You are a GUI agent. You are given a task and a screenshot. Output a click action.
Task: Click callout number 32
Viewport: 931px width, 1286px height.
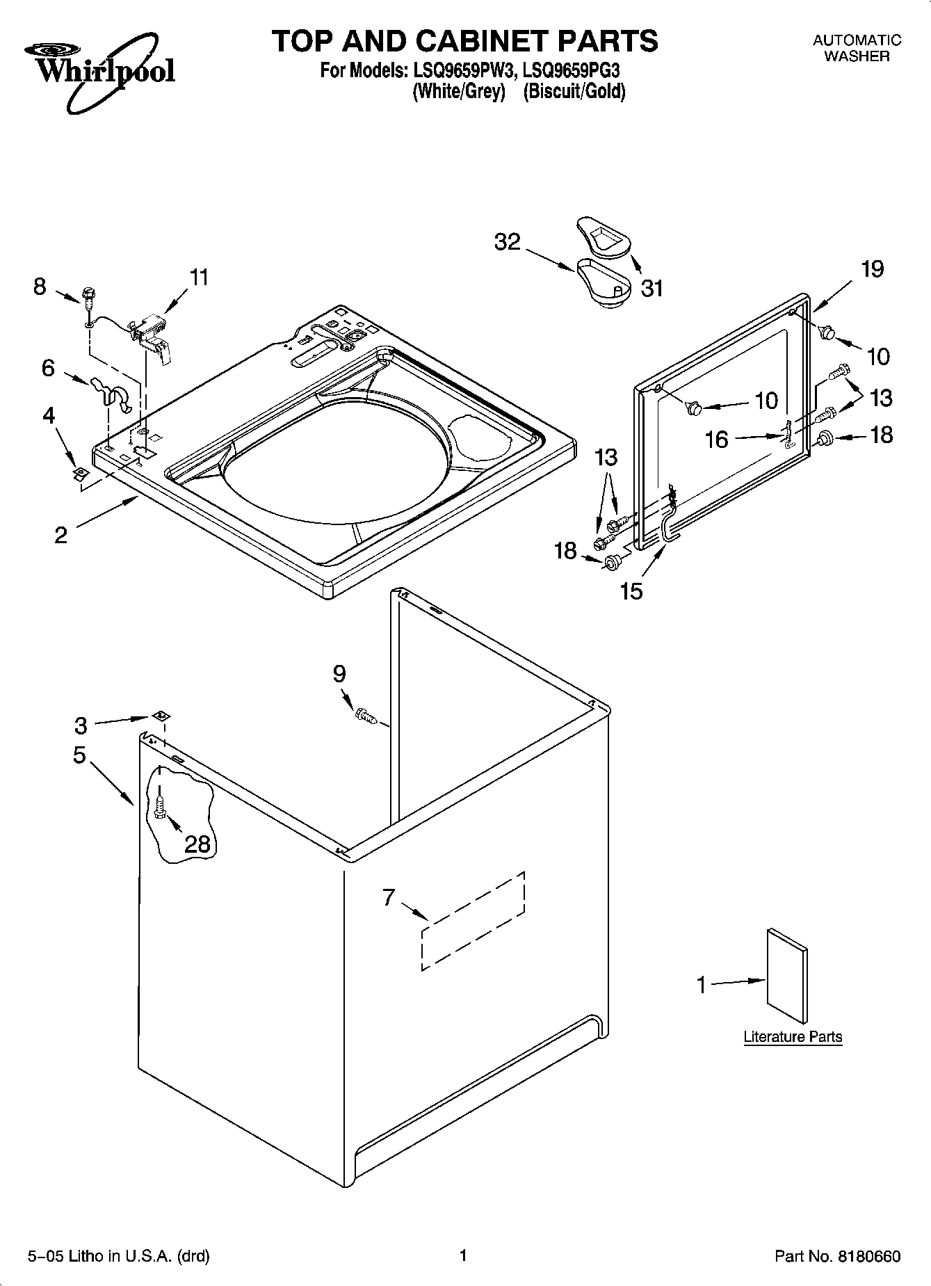point(508,242)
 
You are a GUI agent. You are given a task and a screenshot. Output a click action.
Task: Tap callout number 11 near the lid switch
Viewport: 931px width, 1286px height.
point(199,278)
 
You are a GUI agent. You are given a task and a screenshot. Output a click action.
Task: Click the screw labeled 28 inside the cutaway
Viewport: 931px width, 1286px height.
point(161,806)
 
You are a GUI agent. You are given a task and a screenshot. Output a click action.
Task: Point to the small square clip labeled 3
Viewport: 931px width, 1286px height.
point(160,716)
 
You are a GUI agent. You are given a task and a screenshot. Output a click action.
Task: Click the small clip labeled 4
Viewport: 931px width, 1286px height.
point(80,474)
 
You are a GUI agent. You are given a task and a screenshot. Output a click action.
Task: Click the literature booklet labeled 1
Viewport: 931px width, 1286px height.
point(788,976)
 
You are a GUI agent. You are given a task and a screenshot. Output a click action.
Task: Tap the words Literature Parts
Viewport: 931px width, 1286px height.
point(793,1036)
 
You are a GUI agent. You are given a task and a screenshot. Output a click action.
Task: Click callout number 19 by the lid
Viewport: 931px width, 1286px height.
point(873,268)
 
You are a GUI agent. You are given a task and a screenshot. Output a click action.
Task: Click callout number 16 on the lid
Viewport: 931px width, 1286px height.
point(716,440)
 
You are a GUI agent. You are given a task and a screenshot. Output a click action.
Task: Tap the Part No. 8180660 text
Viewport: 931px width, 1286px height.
point(837,1256)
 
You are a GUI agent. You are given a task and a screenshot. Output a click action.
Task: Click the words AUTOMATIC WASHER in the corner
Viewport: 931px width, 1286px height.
point(857,48)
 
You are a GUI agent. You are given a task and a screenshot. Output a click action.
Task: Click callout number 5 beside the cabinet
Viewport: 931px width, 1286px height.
point(79,755)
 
